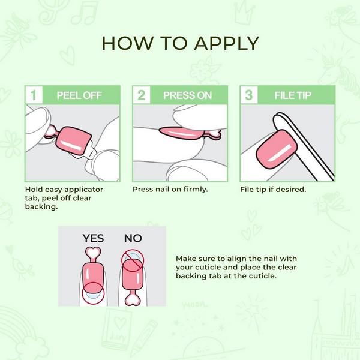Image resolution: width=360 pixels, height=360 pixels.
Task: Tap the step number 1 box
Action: [x=35, y=95]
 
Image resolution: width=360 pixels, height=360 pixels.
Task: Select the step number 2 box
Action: [x=142, y=95]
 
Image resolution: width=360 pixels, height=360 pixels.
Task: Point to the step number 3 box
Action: [x=248, y=95]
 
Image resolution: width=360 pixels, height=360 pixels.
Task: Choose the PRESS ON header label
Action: [x=187, y=95]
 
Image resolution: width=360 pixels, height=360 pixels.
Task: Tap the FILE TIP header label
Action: [x=292, y=95]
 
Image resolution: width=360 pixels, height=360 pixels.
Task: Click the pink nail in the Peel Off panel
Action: [x=73, y=140]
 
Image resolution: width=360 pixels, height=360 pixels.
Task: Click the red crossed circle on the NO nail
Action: [x=133, y=259]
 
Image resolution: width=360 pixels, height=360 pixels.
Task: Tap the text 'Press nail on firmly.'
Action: [x=170, y=189]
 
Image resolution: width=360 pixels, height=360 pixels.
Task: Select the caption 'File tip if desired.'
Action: [x=273, y=189]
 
